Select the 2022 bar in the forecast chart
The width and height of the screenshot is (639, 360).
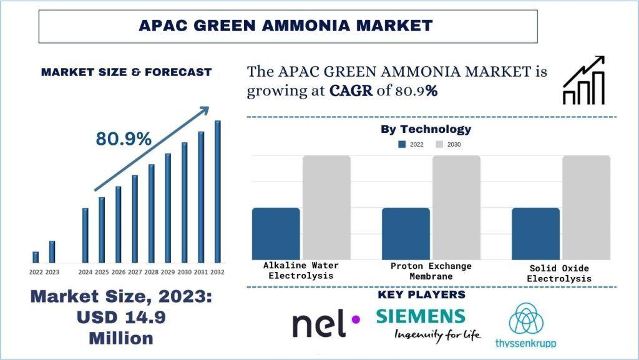pyautogui.click(x=36, y=257)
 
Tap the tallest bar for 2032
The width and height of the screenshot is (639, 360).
pyautogui.click(x=218, y=191)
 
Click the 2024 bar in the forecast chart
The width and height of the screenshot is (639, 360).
pyautogui.click(x=85, y=235)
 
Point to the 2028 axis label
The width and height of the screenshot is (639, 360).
pyautogui.click(x=151, y=272)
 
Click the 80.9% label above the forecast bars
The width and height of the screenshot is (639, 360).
pyautogui.click(x=124, y=139)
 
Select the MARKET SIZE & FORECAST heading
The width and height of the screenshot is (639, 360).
pyautogui.click(x=127, y=72)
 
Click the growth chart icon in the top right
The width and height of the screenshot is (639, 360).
pyautogui.click(x=583, y=80)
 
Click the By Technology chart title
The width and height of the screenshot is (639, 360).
pyautogui.click(x=426, y=129)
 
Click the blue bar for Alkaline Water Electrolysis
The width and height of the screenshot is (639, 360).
pyautogui.click(x=276, y=233)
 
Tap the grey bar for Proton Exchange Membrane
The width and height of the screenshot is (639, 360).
pyautogui.click(x=456, y=207)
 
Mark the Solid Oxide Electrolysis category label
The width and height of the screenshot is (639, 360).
pyautogui.click(x=559, y=273)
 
